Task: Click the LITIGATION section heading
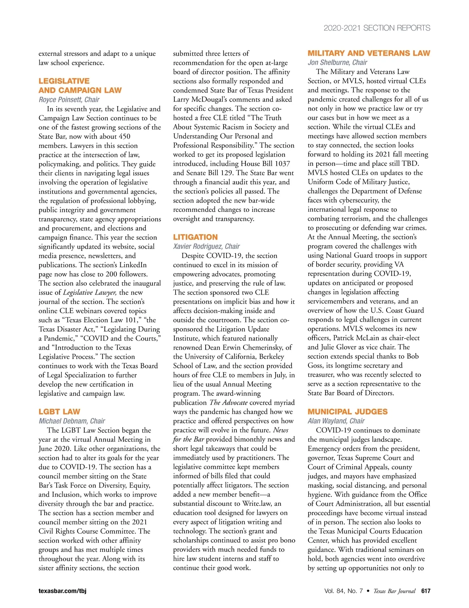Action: pyautogui.click(x=195, y=237)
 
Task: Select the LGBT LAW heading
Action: pyautogui.click(x=59, y=412)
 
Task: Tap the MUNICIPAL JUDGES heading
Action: pyautogui.click(x=347, y=412)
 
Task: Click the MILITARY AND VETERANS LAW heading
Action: pyautogui.click(x=369, y=53)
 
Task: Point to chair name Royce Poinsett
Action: pyautogui.click(x=61, y=100)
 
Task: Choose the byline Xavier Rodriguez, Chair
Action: pyautogui.click(x=206, y=246)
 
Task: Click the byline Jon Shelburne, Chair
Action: pyautogui.click(x=337, y=62)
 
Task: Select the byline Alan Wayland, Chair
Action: pyautogui.click(x=336, y=421)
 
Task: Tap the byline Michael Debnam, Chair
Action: pyautogui.click(x=72, y=421)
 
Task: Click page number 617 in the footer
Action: pyautogui.click(x=426, y=591)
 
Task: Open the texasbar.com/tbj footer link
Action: pyautogui.click(x=63, y=591)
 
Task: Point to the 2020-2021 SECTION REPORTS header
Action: pyautogui.click(x=377, y=28)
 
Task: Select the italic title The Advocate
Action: pyautogui.click(x=229, y=402)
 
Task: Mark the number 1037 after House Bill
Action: pyautogui.click(x=282, y=164)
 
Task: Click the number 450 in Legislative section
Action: pyautogui.click(x=124, y=136)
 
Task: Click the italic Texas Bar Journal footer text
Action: pyautogui.click(x=394, y=591)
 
